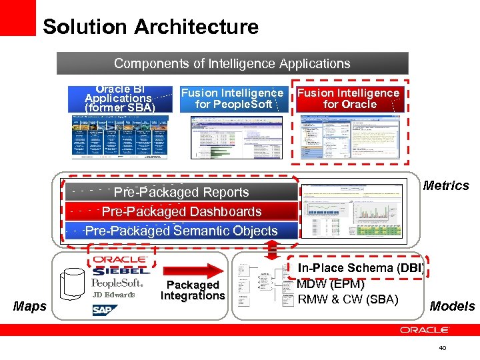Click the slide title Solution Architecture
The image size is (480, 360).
coord(150,27)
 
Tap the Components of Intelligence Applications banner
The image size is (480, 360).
coord(232,64)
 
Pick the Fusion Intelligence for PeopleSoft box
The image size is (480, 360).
coord(233,99)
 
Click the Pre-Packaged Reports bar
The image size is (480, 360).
coord(181,192)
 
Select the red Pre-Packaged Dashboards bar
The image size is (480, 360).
coord(181,211)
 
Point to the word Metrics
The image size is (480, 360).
coord(446,185)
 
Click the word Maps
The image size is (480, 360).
coord(30,307)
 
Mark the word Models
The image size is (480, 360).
coord(452,306)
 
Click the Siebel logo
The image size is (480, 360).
coord(121,271)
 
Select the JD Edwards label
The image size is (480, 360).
coord(113,295)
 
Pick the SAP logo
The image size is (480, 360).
coord(102,310)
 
